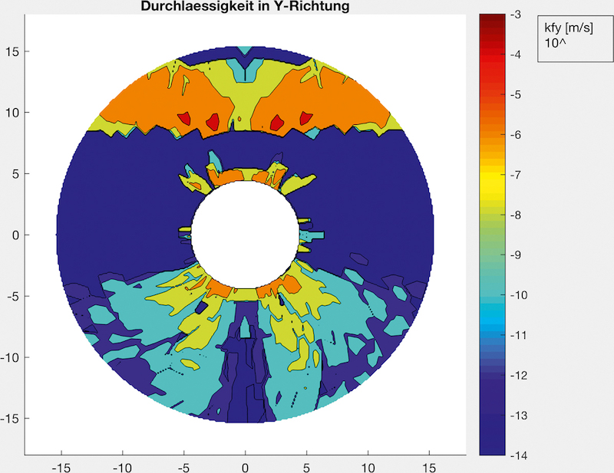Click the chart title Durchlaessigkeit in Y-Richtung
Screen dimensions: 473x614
[x=246, y=7]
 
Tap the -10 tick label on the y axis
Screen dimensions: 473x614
[x=11, y=357]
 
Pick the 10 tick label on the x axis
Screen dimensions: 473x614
[x=368, y=465]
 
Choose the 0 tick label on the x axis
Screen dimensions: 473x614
[x=246, y=465]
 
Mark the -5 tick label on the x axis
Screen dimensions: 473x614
[x=184, y=465]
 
